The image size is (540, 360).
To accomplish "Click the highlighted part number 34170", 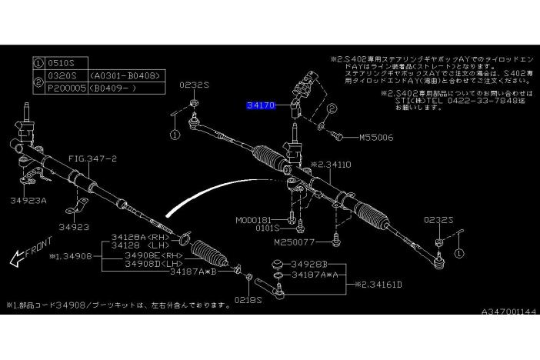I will (261, 107).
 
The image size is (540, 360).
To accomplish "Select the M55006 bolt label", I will (376, 138).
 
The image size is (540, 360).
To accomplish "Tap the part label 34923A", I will (29, 199).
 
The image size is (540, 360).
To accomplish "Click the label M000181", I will (255, 219).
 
